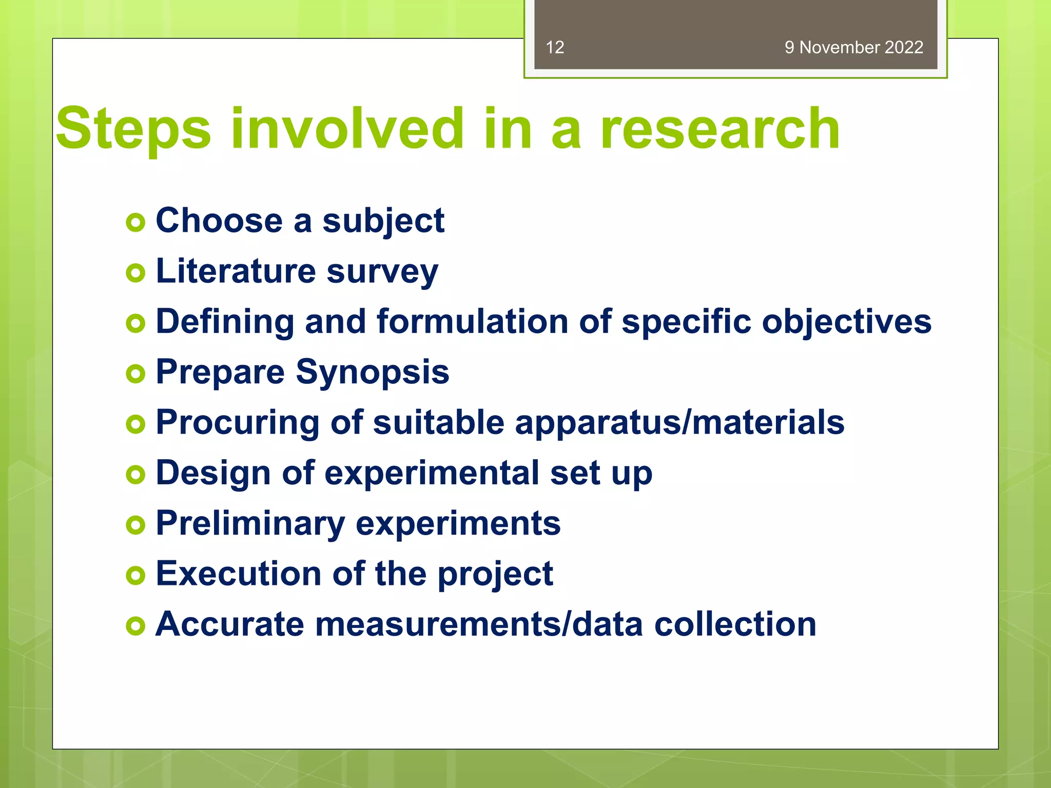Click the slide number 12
point(555,47)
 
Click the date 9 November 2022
point(853,47)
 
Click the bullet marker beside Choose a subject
point(135,222)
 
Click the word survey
point(382,272)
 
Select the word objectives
point(846,322)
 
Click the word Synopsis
point(373,372)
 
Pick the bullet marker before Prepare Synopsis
point(135,373)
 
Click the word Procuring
point(238,423)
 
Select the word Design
point(213,473)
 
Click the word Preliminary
point(250,524)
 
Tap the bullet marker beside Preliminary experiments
point(135,525)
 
